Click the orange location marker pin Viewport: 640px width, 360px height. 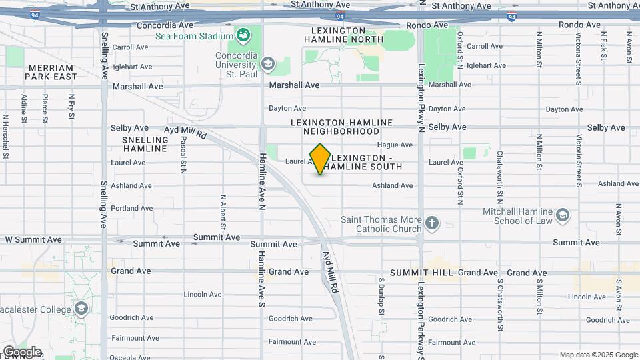[320, 159]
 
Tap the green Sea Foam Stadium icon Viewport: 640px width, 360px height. [243, 34]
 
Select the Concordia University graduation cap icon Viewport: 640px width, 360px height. [268, 64]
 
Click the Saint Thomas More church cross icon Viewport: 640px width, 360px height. [432, 223]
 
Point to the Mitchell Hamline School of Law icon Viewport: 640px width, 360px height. [563, 215]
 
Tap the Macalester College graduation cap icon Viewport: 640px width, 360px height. [81, 309]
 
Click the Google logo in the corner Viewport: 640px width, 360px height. [21, 351]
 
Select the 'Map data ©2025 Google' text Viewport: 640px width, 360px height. [598, 355]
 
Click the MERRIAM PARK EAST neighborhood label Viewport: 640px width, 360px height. [51, 72]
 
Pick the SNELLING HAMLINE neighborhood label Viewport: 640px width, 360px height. [145, 144]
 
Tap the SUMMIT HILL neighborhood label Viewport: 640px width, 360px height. [421, 273]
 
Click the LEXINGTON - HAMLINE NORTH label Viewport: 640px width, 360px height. [343, 35]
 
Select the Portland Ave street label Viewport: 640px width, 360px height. [131, 208]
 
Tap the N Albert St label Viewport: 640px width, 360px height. [223, 211]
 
